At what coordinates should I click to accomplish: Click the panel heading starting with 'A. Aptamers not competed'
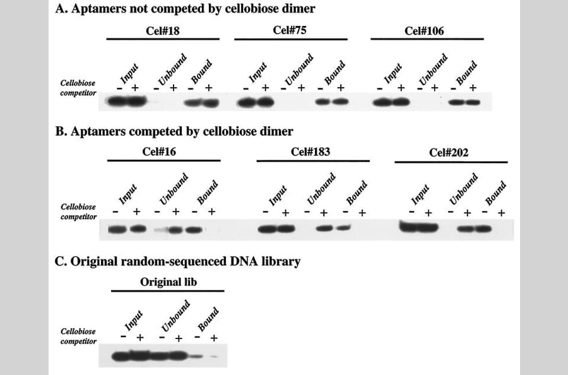click(185, 9)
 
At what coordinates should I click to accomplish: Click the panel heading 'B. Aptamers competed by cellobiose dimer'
click(174, 131)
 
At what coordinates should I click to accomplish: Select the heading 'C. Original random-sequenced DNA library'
click(178, 260)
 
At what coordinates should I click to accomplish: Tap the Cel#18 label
click(162, 30)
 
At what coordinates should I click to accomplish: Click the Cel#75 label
click(290, 30)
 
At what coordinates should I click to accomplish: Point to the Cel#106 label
click(426, 30)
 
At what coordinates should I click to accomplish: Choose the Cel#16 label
click(163, 152)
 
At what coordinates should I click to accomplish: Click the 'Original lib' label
click(168, 282)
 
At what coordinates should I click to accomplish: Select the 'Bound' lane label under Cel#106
click(466, 71)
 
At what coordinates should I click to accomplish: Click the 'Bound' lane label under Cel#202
click(495, 191)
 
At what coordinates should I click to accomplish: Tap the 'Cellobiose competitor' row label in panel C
click(78, 336)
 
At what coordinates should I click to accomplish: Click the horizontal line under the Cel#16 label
click(163, 161)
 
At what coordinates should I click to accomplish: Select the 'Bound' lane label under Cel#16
click(207, 191)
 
